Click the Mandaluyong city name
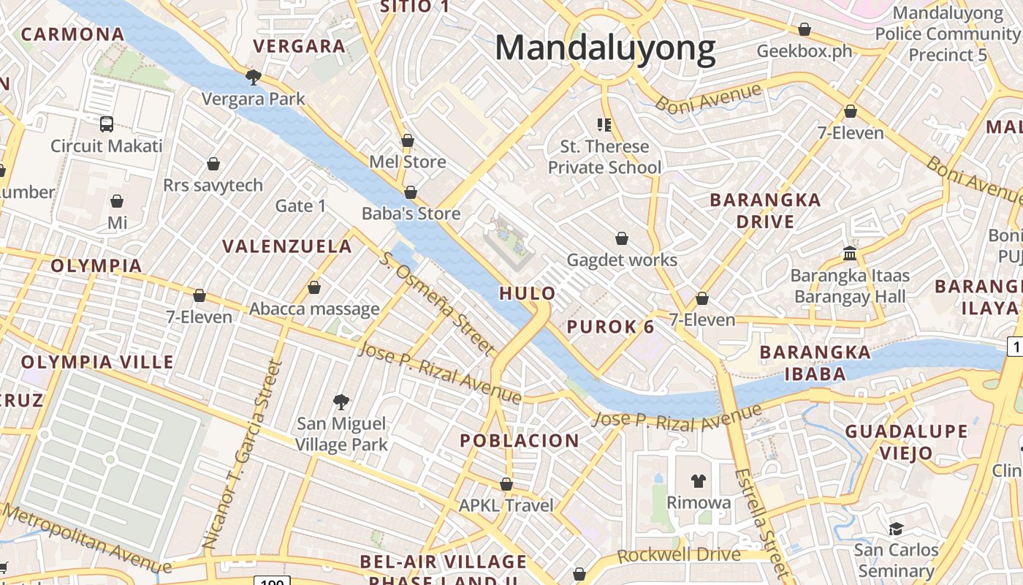(x=605, y=49)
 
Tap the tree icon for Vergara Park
(x=254, y=77)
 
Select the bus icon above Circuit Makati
(x=107, y=124)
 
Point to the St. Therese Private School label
(x=604, y=157)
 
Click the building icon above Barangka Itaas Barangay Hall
(x=850, y=253)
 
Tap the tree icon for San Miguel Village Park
(x=341, y=401)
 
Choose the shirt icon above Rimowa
(x=699, y=480)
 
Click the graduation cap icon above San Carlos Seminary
(x=896, y=528)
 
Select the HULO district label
(x=527, y=294)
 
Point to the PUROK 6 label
(x=611, y=327)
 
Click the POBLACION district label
(x=519, y=441)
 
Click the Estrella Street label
(x=762, y=524)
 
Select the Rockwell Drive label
(x=679, y=555)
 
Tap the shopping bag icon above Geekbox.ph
(x=805, y=30)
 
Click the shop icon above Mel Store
(x=408, y=140)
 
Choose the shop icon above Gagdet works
(x=622, y=238)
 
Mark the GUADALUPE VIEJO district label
(x=906, y=442)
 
